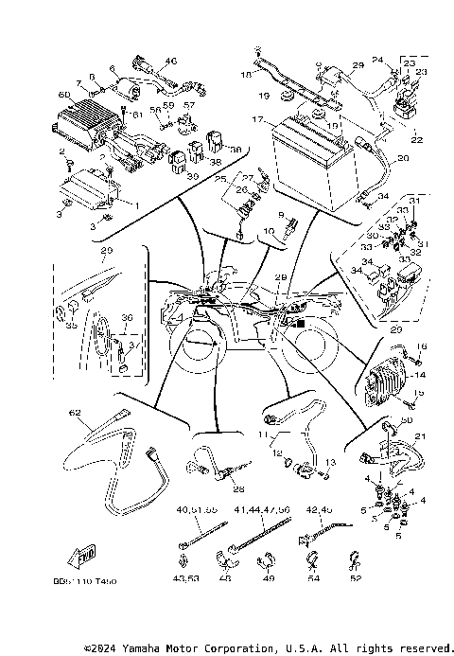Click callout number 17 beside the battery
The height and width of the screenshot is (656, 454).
pos(256,121)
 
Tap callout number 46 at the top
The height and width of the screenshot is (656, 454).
pos(171,61)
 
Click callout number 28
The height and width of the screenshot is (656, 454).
pos(237,489)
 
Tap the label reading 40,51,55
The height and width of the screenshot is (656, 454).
pos(196,510)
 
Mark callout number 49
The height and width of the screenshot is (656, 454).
pos(269,578)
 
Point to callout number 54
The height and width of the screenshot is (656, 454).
pos(314,578)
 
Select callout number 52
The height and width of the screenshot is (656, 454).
pos(356,578)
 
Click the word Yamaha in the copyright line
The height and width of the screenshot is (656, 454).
pos(153,648)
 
